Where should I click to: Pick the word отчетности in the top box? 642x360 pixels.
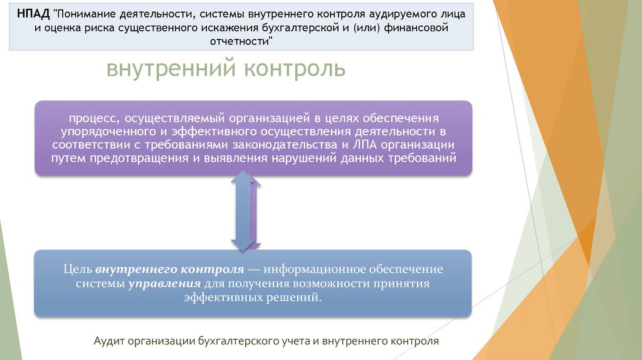pos(239,43)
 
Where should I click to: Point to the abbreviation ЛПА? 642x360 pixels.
pos(365,144)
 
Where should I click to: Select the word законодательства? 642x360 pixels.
pos(286,144)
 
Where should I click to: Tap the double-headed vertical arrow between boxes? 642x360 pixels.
pos(245,212)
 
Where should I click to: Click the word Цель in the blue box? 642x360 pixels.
pos(78,270)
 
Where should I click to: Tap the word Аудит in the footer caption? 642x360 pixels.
pos(109,341)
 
